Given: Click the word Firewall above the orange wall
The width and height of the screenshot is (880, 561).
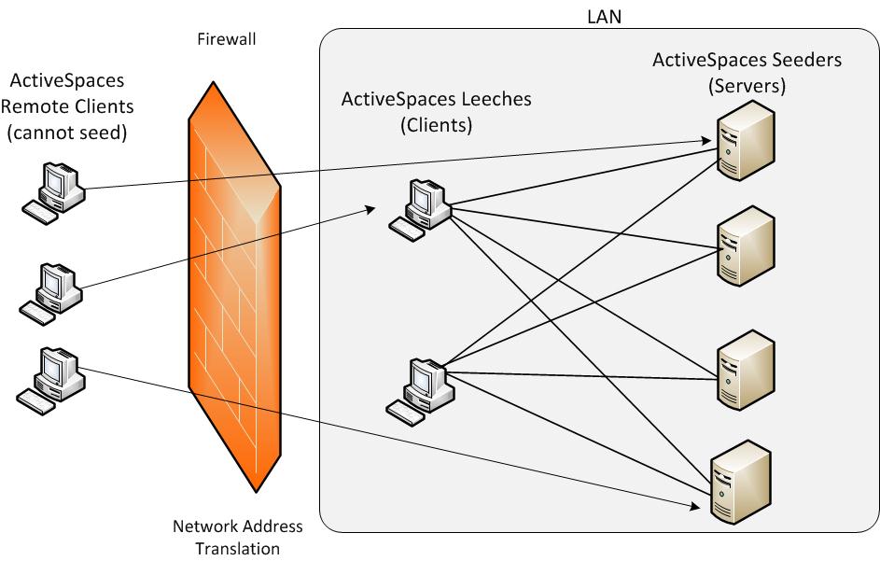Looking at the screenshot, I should tap(227, 39).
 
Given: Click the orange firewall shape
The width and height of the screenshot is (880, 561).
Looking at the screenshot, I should tap(233, 280).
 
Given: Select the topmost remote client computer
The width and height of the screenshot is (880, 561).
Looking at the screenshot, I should tap(54, 191).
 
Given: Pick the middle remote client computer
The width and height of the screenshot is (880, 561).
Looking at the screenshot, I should tap(52, 292).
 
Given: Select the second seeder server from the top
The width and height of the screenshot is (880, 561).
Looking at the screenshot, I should tap(745, 245).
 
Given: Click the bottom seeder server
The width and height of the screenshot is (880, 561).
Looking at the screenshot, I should tap(741, 481).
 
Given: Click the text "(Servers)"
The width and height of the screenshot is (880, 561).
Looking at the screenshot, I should tap(747, 86).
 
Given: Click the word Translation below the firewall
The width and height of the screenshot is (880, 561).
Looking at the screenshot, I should tap(237, 548).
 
